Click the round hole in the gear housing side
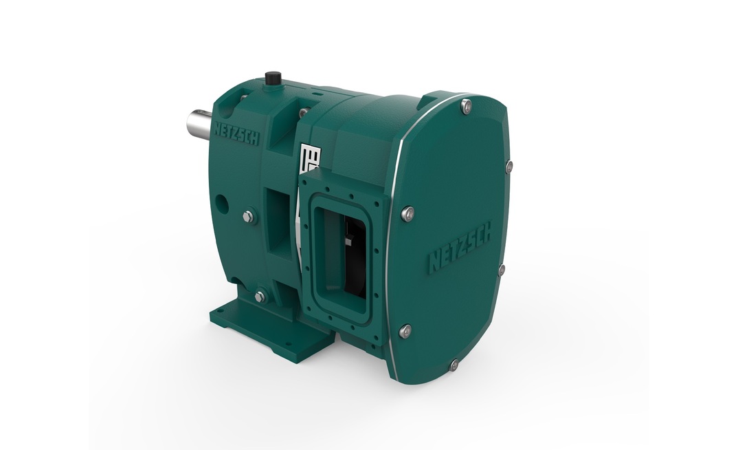tap(221, 204)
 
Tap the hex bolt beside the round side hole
tap(245, 217)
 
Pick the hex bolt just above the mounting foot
tap(260, 297)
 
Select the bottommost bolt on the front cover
tap(454, 365)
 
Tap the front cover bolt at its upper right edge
tap(508, 166)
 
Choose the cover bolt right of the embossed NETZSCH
tap(502, 270)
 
